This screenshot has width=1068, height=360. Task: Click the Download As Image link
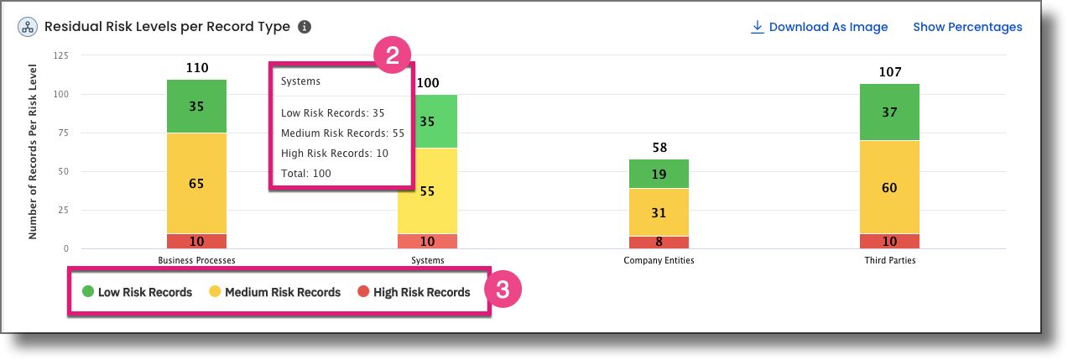point(819,27)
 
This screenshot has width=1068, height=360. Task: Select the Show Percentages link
point(967,27)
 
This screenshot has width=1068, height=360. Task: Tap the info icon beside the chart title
point(305,27)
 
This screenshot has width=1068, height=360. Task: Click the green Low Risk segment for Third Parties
point(889,112)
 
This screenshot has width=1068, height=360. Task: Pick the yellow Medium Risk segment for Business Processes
point(196,183)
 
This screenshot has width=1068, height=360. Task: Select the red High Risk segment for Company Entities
point(659,243)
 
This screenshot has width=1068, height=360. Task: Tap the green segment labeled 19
point(659,174)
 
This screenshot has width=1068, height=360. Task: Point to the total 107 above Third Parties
point(889,72)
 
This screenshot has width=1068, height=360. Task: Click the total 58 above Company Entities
point(659,148)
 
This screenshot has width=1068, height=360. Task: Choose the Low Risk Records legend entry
point(138,292)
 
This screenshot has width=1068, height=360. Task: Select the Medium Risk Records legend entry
point(274,292)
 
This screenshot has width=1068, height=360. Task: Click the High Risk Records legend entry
point(414,292)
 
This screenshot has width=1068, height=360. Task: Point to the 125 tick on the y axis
point(60,55)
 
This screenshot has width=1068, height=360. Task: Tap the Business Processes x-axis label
point(196,260)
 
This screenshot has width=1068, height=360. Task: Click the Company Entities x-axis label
point(659,260)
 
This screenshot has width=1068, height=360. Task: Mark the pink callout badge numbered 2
point(392,55)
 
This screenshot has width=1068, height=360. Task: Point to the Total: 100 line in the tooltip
point(306,174)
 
